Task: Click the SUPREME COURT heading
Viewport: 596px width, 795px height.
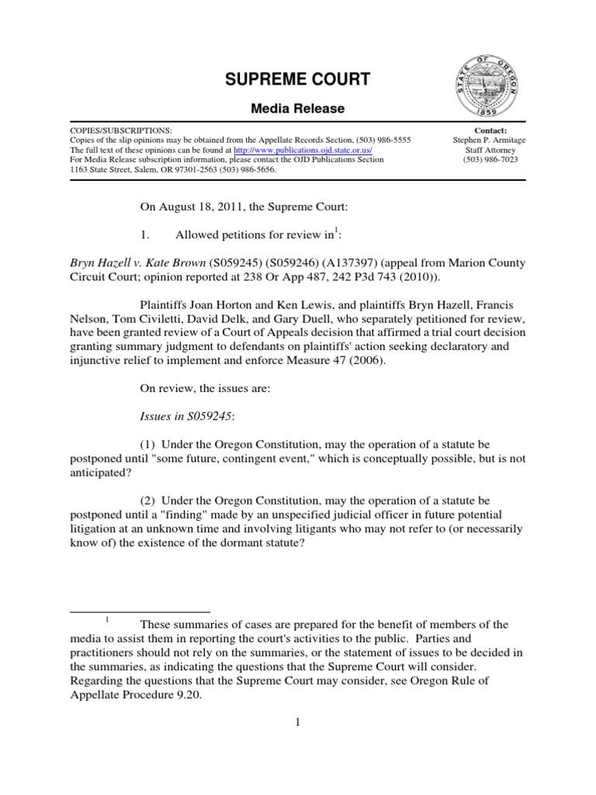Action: (297, 79)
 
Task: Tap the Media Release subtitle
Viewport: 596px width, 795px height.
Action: (297, 109)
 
